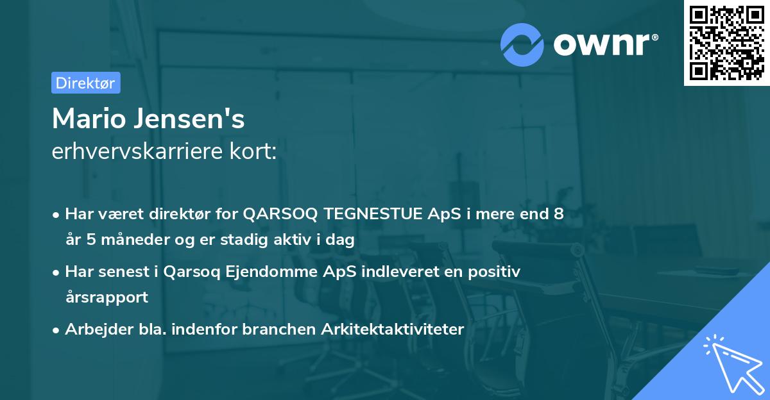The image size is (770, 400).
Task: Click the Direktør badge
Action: [85, 83]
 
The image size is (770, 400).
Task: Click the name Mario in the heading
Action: [88, 119]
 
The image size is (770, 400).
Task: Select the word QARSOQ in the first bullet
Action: [278, 214]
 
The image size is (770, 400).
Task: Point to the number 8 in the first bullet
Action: [559, 214]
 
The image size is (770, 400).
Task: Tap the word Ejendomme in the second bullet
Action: [257, 272]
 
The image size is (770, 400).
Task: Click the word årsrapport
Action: [107, 297]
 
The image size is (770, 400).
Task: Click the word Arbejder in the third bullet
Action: [94, 329]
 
